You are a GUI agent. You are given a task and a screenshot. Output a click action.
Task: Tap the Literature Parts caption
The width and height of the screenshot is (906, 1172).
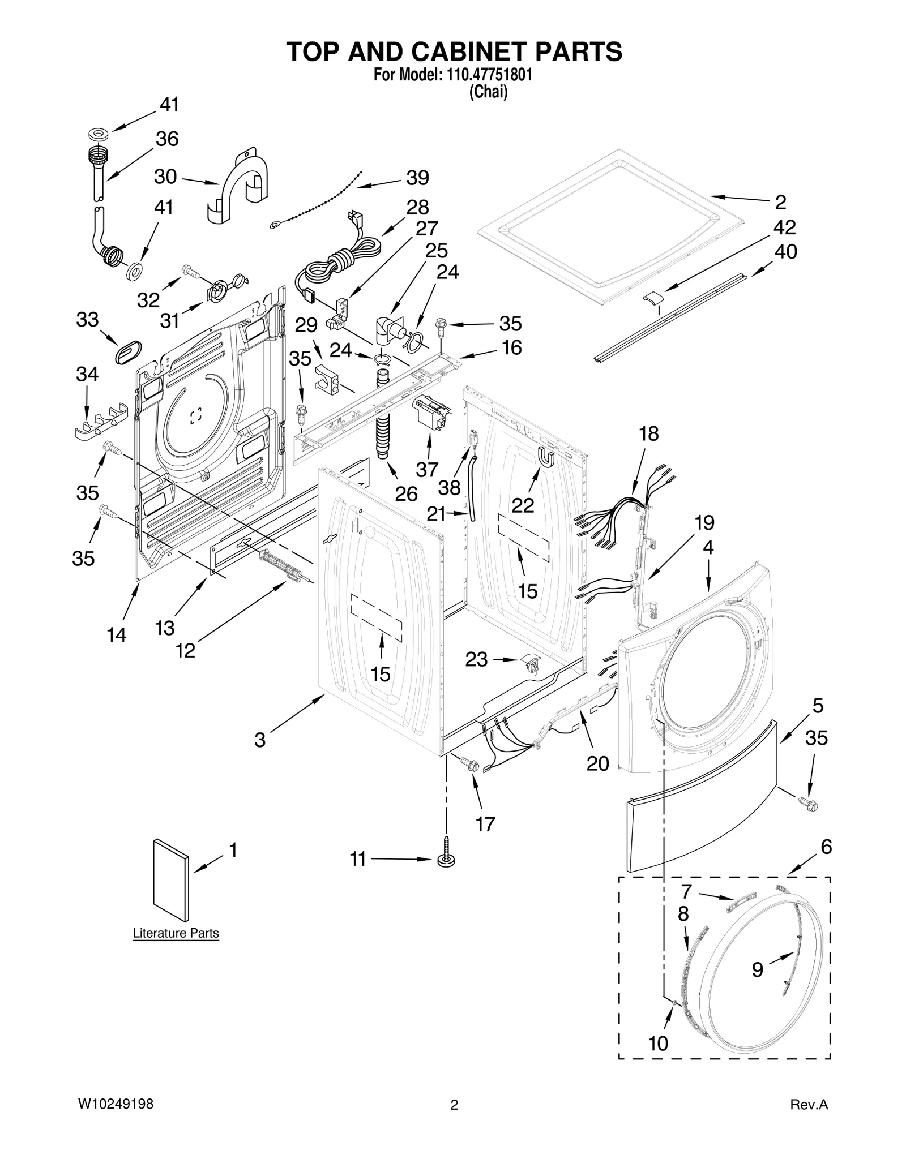click(x=176, y=933)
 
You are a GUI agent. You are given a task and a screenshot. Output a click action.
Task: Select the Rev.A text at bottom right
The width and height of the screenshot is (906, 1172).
click(x=809, y=1105)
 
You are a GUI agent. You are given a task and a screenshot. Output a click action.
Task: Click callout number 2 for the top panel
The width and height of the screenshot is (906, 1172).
click(x=780, y=202)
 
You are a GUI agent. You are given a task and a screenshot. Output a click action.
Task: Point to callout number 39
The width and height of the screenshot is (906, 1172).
click(x=418, y=178)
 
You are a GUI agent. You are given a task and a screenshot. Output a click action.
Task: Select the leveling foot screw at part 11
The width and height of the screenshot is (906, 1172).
click(x=447, y=857)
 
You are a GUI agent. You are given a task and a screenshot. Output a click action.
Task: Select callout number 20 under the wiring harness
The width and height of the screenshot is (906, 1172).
click(x=597, y=763)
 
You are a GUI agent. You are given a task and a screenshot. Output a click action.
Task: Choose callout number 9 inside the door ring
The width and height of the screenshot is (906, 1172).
click(x=757, y=970)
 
